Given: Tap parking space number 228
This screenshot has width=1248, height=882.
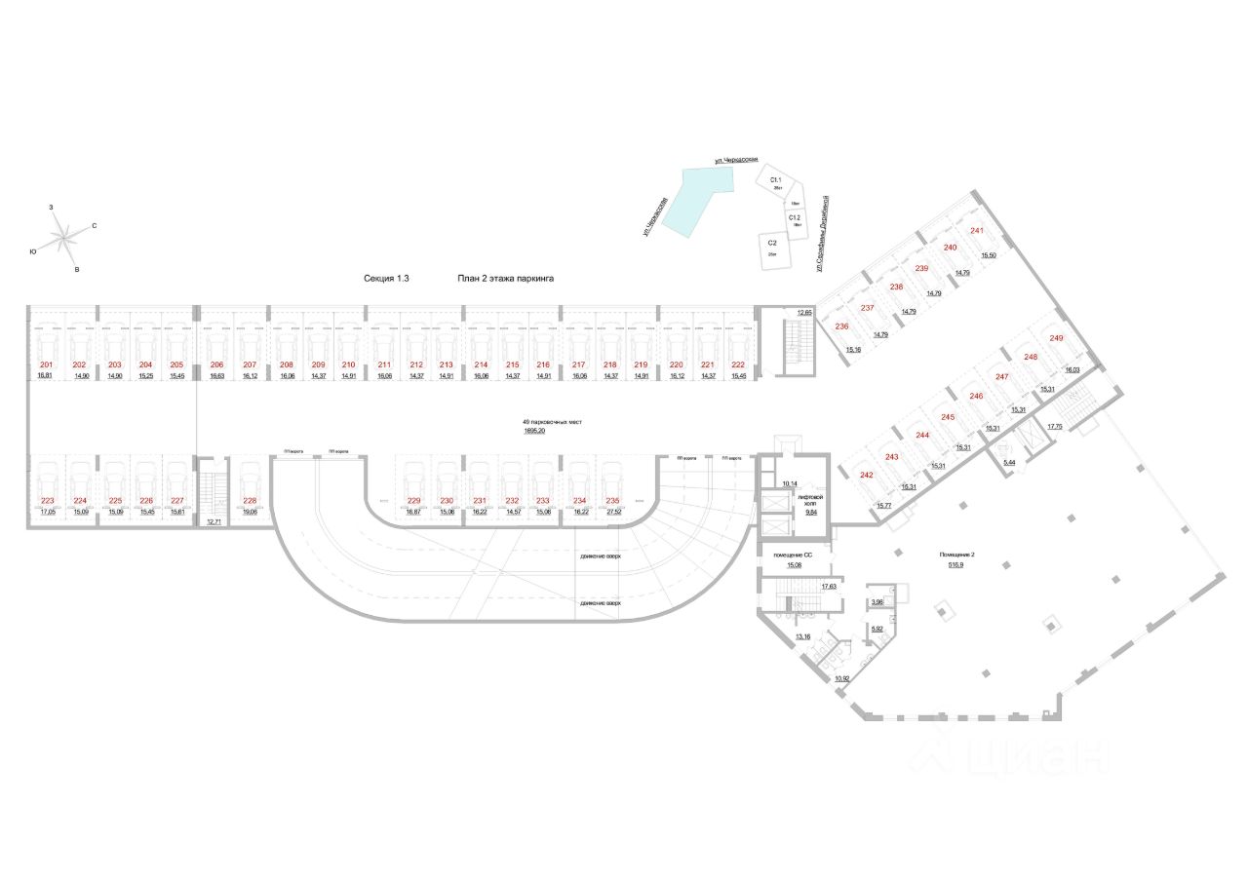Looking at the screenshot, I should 250,500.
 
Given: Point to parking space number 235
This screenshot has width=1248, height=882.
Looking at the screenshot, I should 612,500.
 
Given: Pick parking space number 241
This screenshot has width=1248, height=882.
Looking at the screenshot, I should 976,231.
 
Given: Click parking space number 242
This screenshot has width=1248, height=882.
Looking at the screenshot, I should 867,475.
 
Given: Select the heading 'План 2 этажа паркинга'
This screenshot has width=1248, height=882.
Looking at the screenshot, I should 506,278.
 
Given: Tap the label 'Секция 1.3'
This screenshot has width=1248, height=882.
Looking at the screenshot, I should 386,278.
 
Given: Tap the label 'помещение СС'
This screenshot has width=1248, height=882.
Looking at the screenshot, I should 794,555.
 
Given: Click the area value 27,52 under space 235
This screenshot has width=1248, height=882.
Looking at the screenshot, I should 613,510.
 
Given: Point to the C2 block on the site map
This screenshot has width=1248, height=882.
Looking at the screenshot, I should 772,246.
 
